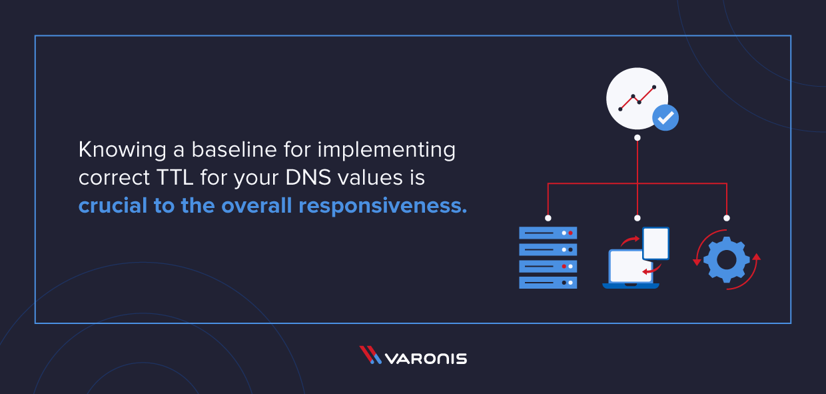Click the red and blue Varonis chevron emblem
[370, 355]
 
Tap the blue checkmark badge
[664, 117]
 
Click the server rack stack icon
[548, 257]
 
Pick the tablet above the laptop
[655, 243]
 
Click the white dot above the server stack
[548, 218]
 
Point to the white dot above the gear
[726, 218]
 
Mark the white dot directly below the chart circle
[637, 137]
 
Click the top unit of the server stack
[548, 233]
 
